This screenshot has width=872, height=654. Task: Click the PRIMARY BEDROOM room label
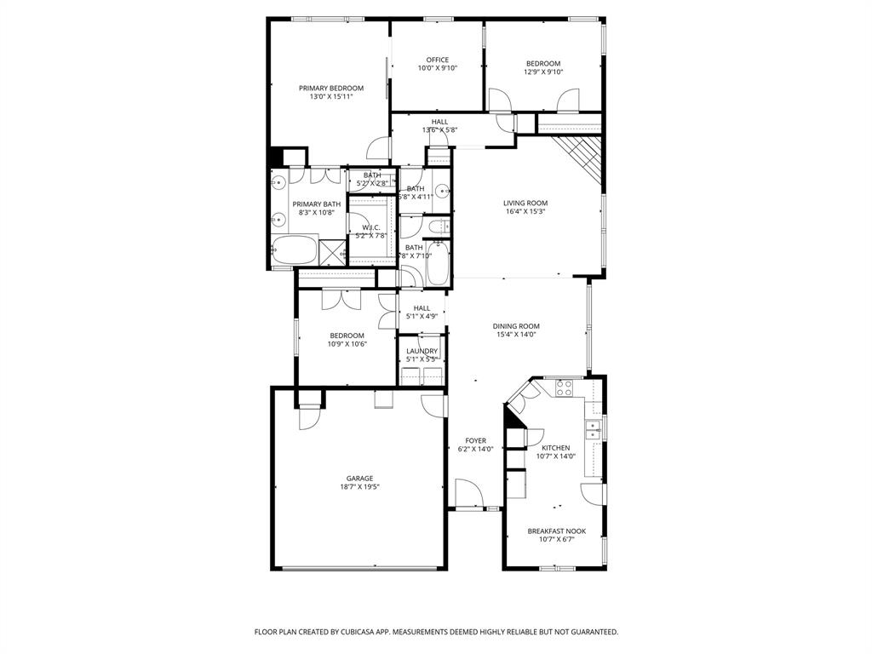[330, 89]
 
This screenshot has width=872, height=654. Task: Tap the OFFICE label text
[437, 60]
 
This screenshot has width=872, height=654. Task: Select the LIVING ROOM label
[525, 203]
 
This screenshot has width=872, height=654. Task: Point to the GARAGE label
[359, 479]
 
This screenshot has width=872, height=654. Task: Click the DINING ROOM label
[516, 326]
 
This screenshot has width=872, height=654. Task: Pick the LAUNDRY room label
[422, 351]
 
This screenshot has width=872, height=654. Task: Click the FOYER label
[475, 440]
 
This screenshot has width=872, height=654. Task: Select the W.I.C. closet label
[370, 227]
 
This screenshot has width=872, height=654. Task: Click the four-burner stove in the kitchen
[564, 388]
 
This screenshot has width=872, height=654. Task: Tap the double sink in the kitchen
[594, 429]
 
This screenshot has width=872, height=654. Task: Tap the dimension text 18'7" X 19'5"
[359, 488]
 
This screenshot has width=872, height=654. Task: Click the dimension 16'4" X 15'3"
[525, 212]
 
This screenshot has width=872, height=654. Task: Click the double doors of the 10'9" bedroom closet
[337, 300]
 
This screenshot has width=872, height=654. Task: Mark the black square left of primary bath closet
[276, 158]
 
